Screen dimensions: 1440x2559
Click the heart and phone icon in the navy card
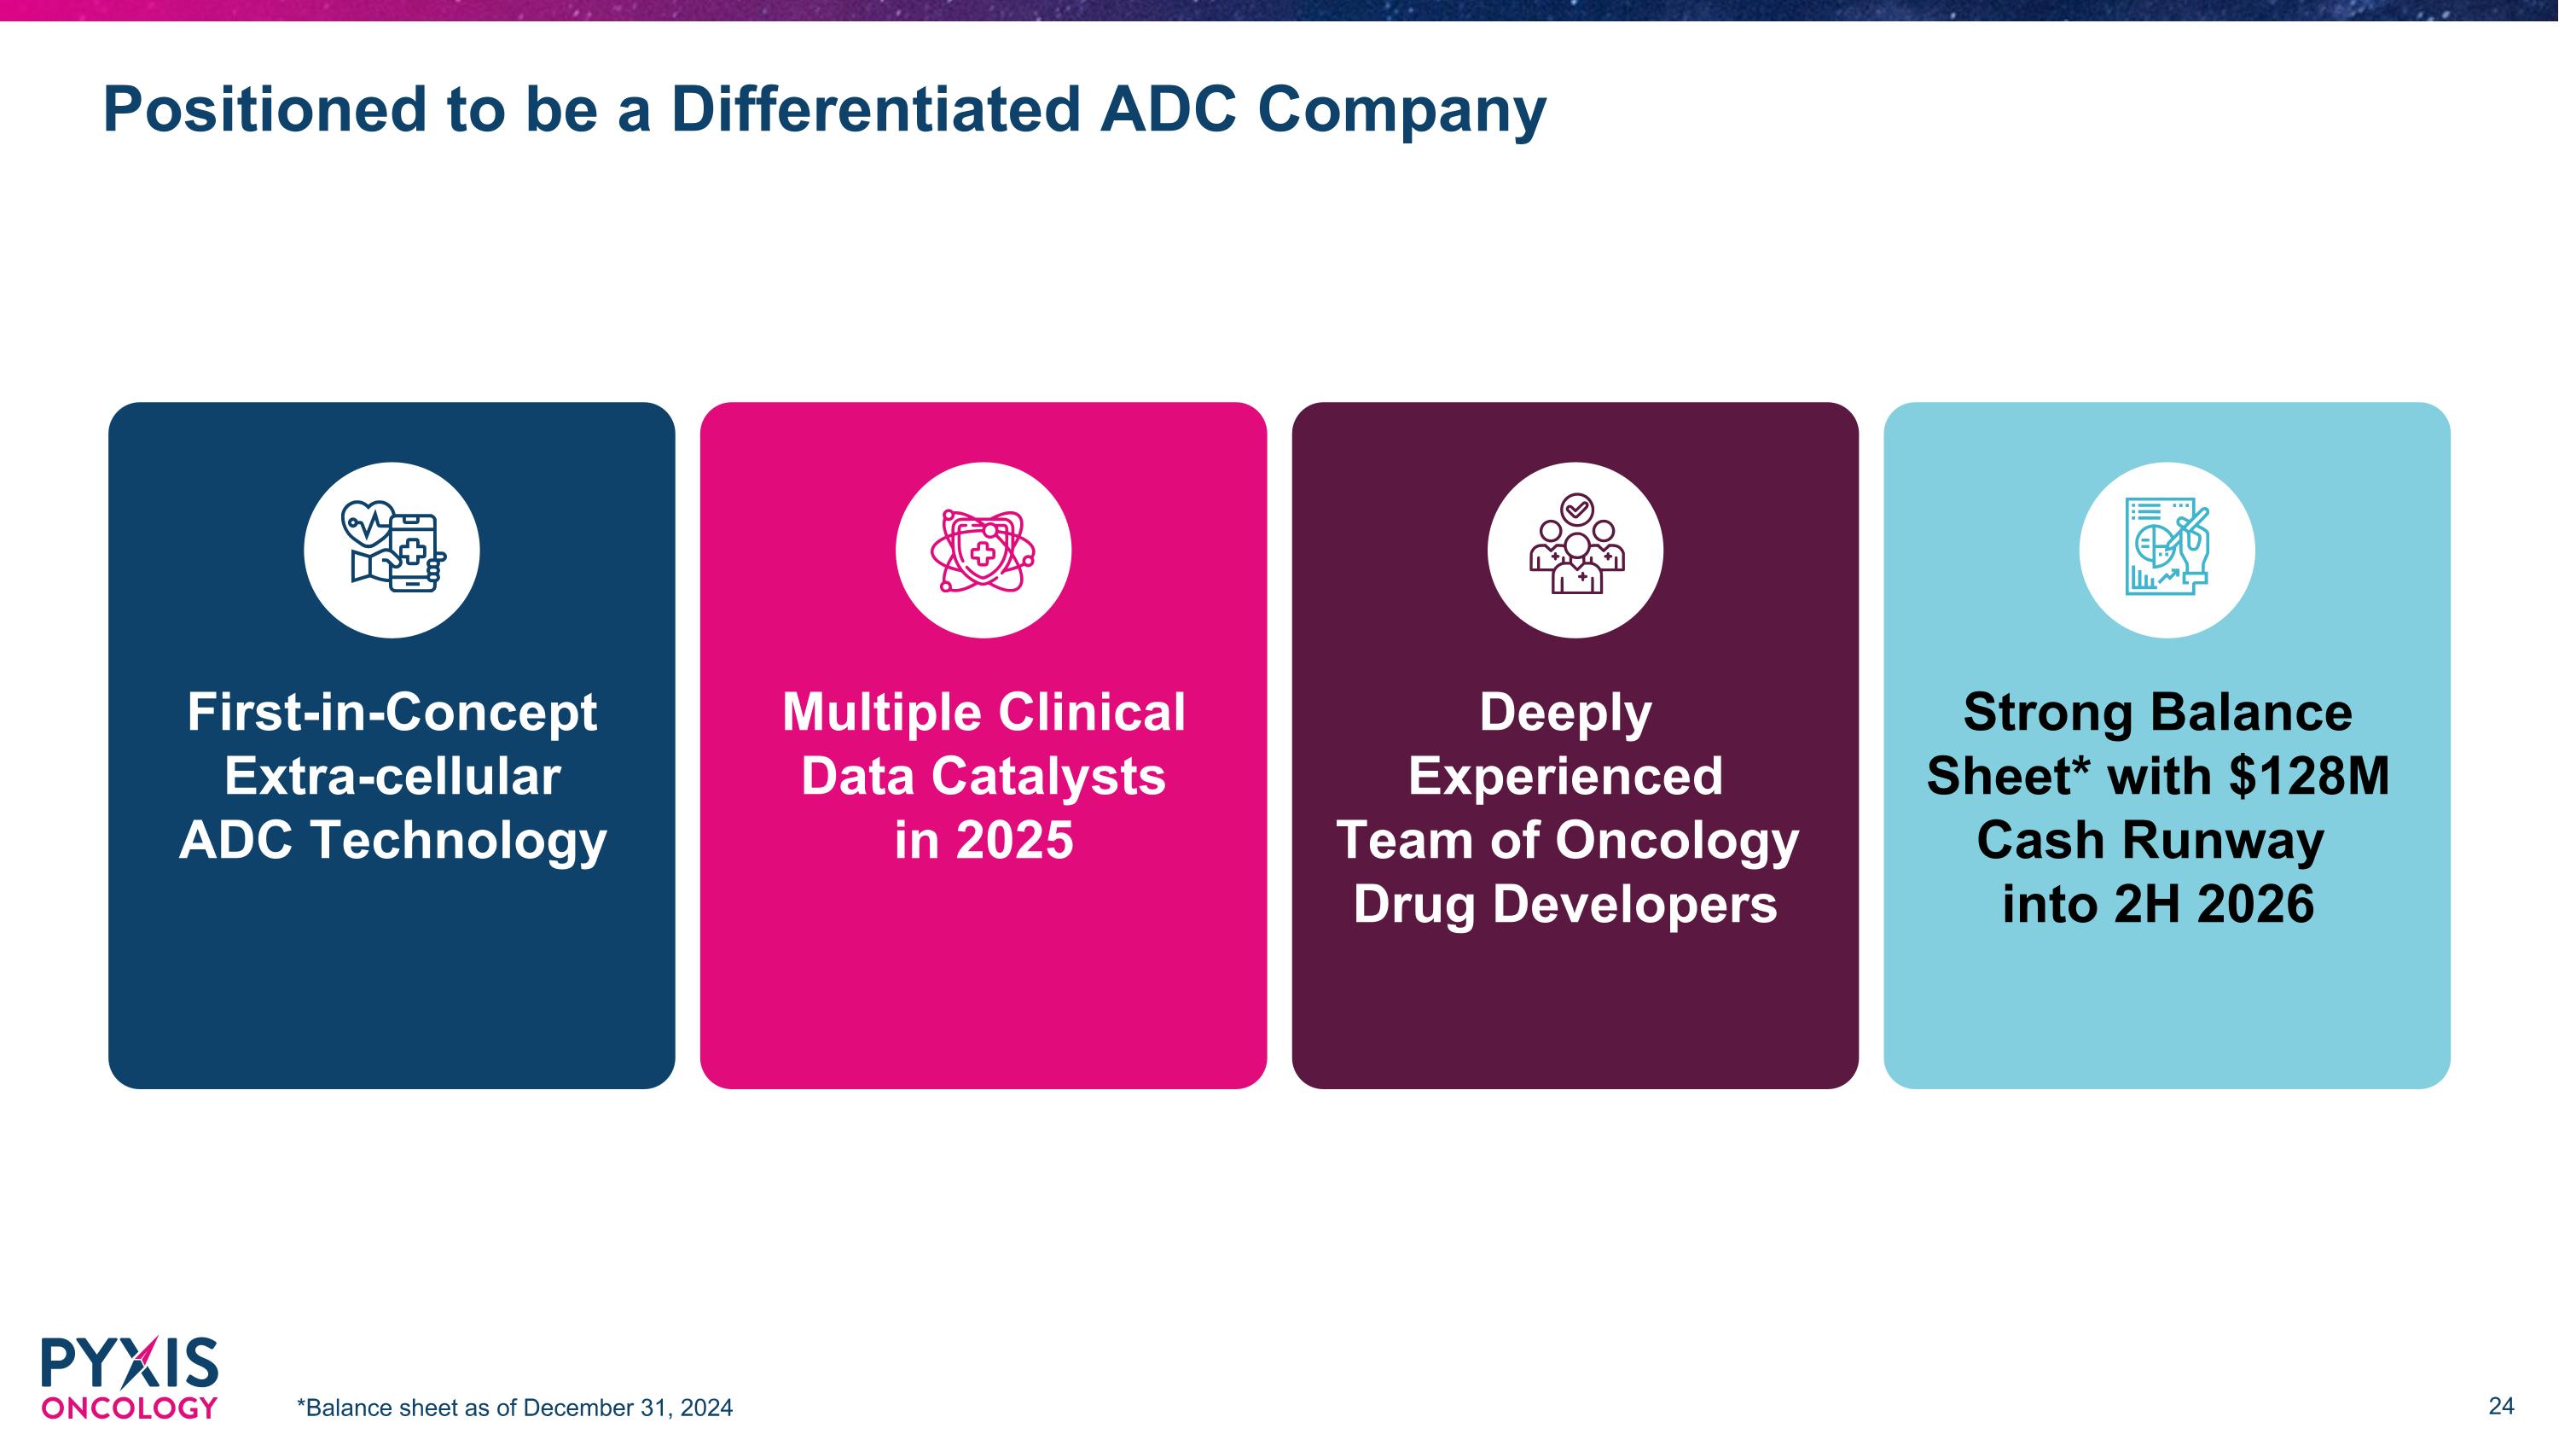point(392,550)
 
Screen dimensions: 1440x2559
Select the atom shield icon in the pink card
point(983,550)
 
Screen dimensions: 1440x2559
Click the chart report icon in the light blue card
point(2166,550)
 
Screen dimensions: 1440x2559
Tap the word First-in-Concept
point(392,713)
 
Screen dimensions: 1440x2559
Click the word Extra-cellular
point(392,776)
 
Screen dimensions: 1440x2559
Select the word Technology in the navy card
point(457,841)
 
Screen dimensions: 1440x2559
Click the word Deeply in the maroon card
point(1565,713)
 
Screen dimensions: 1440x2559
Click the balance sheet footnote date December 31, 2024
point(628,1408)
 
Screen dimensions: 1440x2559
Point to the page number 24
point(2500,1405)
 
